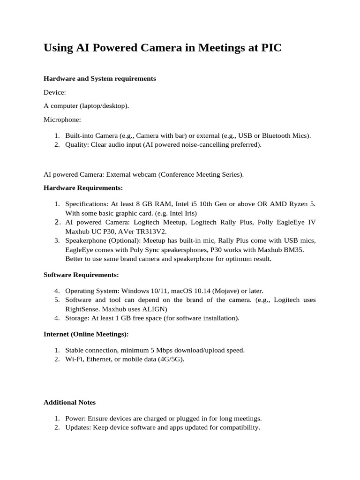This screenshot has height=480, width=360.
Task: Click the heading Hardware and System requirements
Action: [x=100, y=78]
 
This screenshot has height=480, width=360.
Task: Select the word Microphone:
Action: [x=62, y=120]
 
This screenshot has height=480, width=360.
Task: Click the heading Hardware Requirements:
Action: [x=83, y=187]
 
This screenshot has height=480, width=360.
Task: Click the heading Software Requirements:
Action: [x=81, y=274]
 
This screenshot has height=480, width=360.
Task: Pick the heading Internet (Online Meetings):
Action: [x=86, y=334]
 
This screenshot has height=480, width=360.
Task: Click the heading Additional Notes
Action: [x=69, y=402]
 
